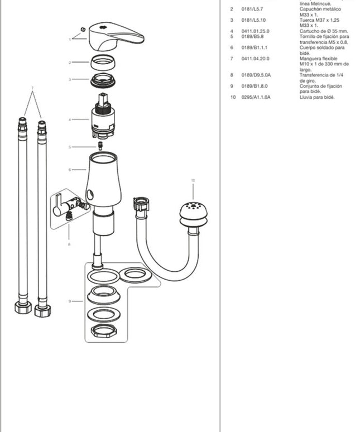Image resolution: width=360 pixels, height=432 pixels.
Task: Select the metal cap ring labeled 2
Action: click(102, 62)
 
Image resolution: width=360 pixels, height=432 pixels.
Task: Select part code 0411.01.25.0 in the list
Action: click(255, 31)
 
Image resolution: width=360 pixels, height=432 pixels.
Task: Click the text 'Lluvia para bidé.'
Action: click(316, 98)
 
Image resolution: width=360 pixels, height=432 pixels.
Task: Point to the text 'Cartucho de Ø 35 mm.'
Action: click(324, 31)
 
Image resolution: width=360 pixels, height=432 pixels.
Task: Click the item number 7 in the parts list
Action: click(232, 59)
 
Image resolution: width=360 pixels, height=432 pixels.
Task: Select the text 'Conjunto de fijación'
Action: click(321, 87)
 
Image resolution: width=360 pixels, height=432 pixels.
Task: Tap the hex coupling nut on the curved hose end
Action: click(139, 203)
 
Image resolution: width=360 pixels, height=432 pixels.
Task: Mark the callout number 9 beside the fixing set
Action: click(70, 301)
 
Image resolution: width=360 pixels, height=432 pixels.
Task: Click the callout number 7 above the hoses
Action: click(32, 88)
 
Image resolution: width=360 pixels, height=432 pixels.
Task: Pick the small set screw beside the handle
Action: click(82, 28)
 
